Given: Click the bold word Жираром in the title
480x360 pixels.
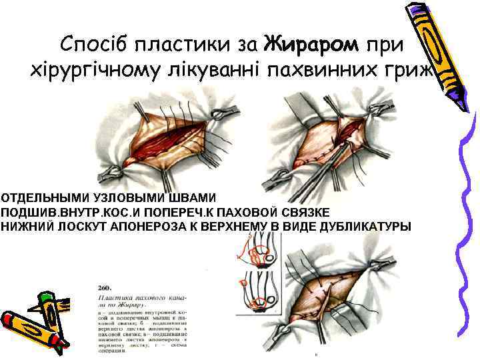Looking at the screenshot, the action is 311,45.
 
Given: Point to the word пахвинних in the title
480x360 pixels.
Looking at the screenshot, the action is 319,70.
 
